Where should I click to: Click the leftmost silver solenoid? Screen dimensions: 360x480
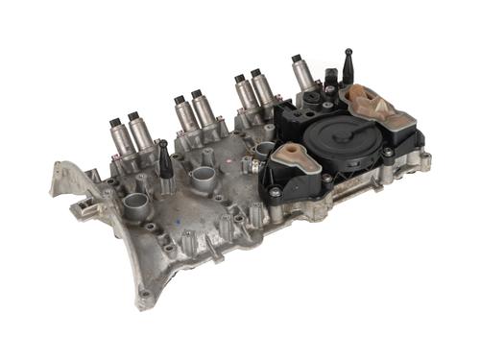(x=121, y=139)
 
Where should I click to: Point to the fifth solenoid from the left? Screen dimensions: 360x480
(x=245, y=93)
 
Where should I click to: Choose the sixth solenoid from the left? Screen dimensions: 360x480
(x=262, y=90)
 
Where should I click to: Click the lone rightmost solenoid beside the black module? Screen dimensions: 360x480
(x=301, y=75)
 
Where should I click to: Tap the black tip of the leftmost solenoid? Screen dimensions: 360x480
(x=115, y=123)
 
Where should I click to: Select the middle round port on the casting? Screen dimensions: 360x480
(x=203, y=178)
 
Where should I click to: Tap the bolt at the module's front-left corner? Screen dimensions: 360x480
(x=276, y=191)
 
